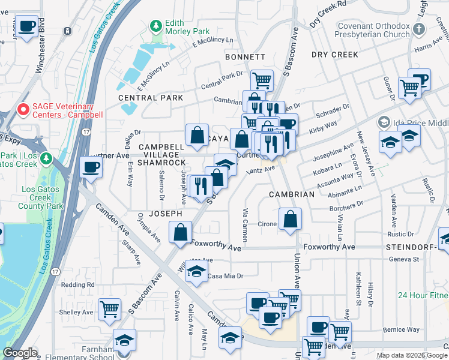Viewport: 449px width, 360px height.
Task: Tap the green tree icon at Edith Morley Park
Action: click(156, 26)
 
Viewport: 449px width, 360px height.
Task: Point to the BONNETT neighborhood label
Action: click(245, 57)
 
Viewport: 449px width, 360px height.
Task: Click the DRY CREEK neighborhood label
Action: click(335, 55)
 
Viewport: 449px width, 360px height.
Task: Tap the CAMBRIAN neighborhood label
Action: click(291, 194)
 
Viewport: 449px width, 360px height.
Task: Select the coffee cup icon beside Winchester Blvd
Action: click(27, 26)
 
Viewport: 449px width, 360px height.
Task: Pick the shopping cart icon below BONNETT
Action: click(262, 79)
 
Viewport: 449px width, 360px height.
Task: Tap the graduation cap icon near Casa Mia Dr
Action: click(195, 272)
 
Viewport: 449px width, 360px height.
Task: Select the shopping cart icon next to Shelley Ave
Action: click(109, 309)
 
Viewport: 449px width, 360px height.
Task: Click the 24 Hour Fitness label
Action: click(423, 296)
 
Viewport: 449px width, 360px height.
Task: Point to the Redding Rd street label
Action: click(78, 284)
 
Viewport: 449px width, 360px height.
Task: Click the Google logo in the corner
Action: click(20, 353)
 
